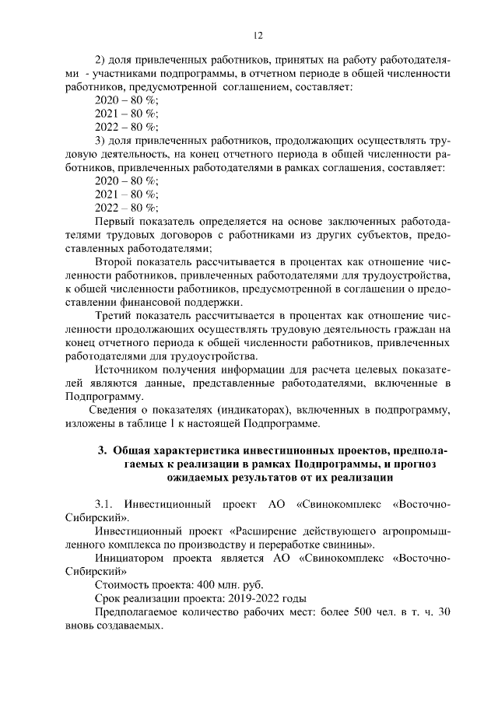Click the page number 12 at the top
[258, 35]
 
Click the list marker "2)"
[100, 60]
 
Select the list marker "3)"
[100, 140]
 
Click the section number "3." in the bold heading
[102, 450]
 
